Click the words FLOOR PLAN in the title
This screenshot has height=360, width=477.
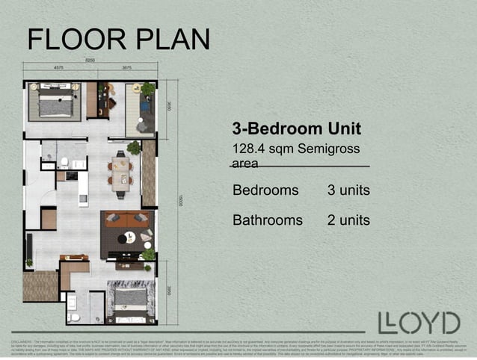119,39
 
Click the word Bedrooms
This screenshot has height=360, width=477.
265,190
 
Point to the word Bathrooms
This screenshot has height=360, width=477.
268,220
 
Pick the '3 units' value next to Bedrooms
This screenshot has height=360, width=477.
348,190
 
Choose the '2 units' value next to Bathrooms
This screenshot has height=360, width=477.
348,220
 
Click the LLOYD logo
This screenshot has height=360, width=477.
419,323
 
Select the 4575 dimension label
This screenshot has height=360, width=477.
58,67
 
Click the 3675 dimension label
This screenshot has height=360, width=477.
126,67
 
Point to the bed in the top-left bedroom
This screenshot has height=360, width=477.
55,104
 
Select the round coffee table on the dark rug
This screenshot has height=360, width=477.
130,238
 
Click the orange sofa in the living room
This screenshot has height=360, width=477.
126,219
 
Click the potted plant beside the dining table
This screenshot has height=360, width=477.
134,148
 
